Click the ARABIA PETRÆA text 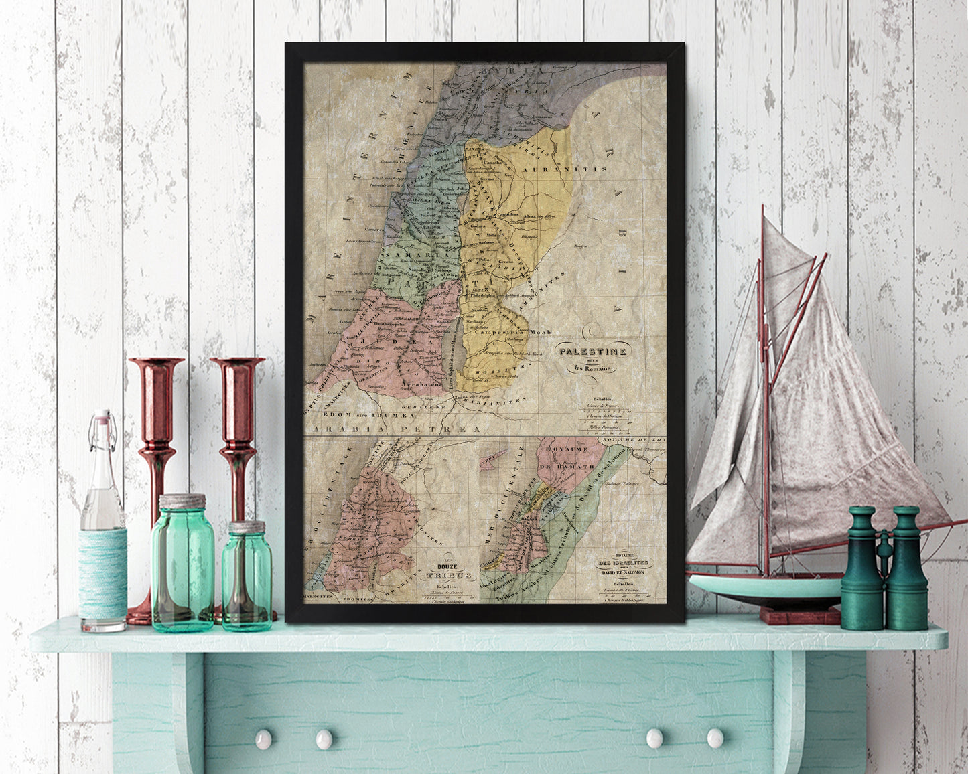point(395,427)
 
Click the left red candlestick point(156,429)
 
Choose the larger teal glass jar point(182,562)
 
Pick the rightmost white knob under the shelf point(715,737)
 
